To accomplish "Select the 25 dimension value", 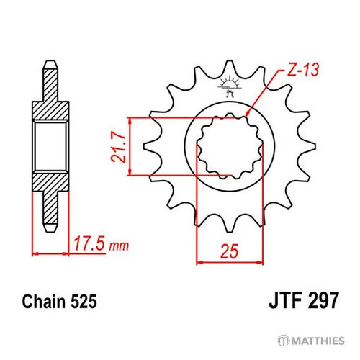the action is pos(230,251).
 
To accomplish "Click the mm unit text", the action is pos(119,246).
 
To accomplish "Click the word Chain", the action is pos(44,301).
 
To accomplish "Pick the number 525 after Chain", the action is pos(84,301).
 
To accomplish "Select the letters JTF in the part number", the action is pos(285,300).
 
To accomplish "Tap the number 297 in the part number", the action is pos(323,300).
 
